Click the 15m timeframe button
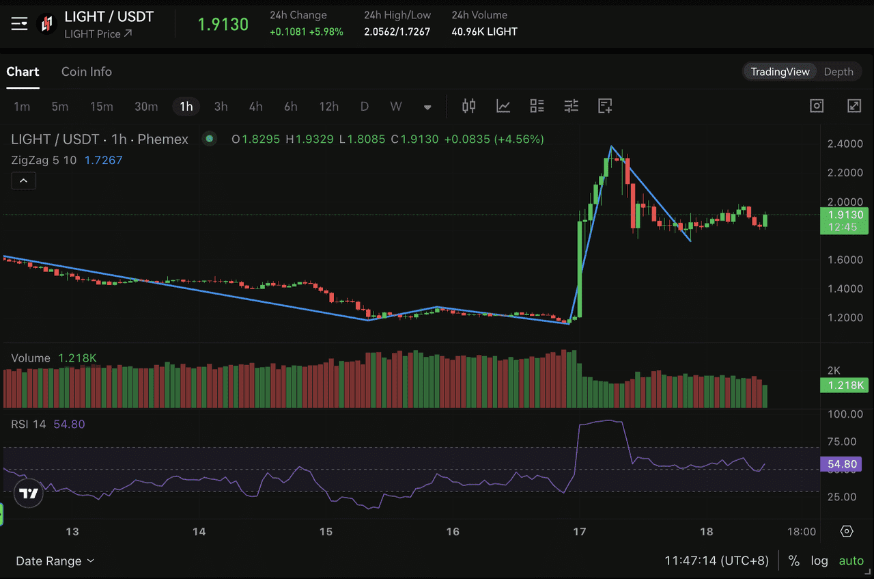coord(102,106)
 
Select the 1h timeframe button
coord(186,106)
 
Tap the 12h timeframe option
coord(328,106)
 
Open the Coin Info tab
coord(87,72)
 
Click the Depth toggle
coord(838,72)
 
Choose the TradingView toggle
coord(780,72)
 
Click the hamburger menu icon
coord(19,24)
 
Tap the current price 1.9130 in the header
coord(223,25)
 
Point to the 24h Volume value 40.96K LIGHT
coord(484,31)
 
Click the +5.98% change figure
coord(326,31)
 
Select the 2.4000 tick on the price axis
coord(845,144)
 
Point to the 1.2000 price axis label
coord(845,317)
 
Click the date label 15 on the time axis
coord(326,532)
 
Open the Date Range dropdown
coord(55,561)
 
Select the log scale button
coord(819,561)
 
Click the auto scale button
coord(851,561)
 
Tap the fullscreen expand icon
coord(854,106)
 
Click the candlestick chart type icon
coord(468,106)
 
